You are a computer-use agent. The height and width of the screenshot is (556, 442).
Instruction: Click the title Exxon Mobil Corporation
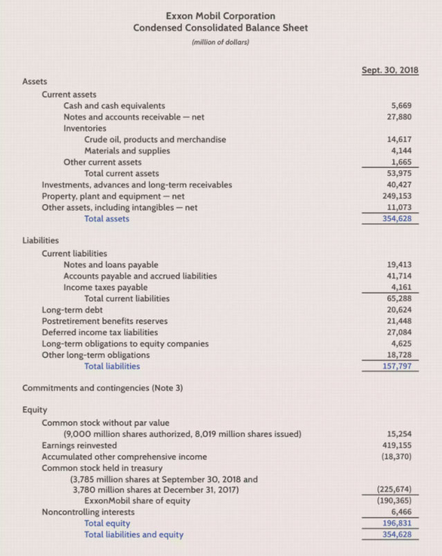coord(221,15)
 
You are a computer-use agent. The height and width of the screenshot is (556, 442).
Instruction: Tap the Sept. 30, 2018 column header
coord(391,70)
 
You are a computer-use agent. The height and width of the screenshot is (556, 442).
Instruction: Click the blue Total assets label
coord(107,219)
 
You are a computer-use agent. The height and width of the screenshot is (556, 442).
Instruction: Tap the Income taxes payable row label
coord(105,287)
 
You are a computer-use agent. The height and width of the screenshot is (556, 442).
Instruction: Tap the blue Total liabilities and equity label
coord(133,535)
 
